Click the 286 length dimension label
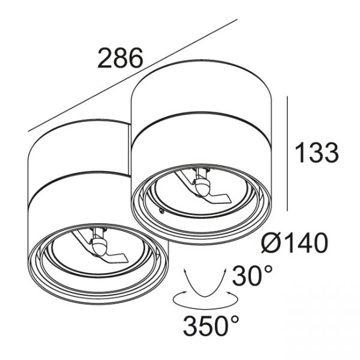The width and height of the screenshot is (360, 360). pyautogui.click(x=120, y=58)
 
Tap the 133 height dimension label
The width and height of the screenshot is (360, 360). pyautogui.click(x=317, y=152)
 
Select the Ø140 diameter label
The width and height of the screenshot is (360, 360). pyautogui.click(x=295, y=242)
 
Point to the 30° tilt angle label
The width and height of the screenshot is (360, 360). pyautogui.click(x=253, y=275)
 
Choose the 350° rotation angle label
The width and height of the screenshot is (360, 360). pyautogui.click(x=211, y=325)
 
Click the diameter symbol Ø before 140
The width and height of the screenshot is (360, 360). pyautogui.click(x=272, y=242)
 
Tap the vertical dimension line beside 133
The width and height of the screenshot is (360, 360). pyautogui.click(x=287, y=154)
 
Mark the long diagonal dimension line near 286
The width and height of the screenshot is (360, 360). pyautogui.click(x=133, y=76)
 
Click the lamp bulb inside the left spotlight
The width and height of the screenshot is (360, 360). pyautogui.click(x=99, y=246)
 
